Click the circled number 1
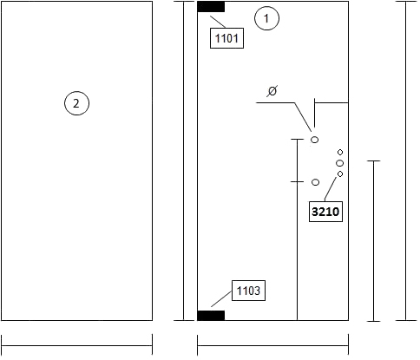pyautogui.click(x=266, y=18)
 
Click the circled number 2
pyautogui.click(x=76, y=103)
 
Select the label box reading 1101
pyautogui.click(x=226, y=38)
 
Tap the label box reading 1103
pyautogui.click(x=248, y=291)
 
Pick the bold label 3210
pyautogui.click(x=325, y=212)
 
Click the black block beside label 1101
pyautogui.click(x=211, y=7)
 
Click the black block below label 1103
pyautogui.click(x=211, y=316)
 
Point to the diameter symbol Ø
pyautogui.click(x=272, y=91)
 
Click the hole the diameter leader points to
pyautogui.click(x=314, y=140)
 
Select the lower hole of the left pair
pyautogui.click(x=315, y=182)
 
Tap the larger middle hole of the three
pyautogui.click(x=340, y=163)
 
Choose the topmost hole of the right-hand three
pyautogui.click(x=340, y=152)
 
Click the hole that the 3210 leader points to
pyautogui.click(x=340, y=173)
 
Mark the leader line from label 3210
pyautogui.click(x=331, y=189)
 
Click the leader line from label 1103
pyautogui.click(x=221, y=298)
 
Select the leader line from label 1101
pyautogui.click(x=218, y=22)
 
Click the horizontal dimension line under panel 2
pyautogui.click(x=77, y=345)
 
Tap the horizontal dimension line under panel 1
pyautogui.click(x=272, y=345)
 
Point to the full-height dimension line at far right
pyautogui.click(x=406, y=161)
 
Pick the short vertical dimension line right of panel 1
pyautogui.click(x=373, y=241)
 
